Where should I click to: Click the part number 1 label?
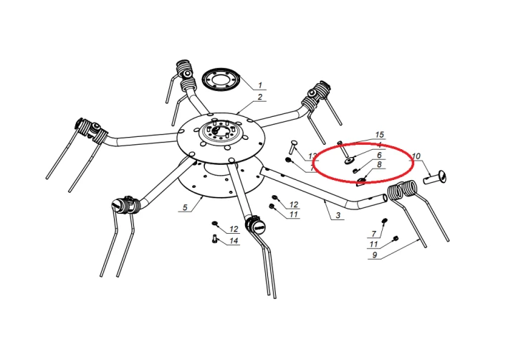tap(260, 85)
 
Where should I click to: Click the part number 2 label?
tap(260, 97)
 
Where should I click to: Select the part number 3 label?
tap(338, 216)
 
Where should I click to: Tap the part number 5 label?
tap(185, 207)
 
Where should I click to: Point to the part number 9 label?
tap(375, 255)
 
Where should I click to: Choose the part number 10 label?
tap(416, 156)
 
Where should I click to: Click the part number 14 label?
tap(234, 241)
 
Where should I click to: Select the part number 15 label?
tap(379, 135)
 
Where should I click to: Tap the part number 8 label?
tap(379, 164)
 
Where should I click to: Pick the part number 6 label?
tap(379, 155)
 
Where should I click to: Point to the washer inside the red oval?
tap(349, 161)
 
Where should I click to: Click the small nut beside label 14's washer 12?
tap(214, 224)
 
